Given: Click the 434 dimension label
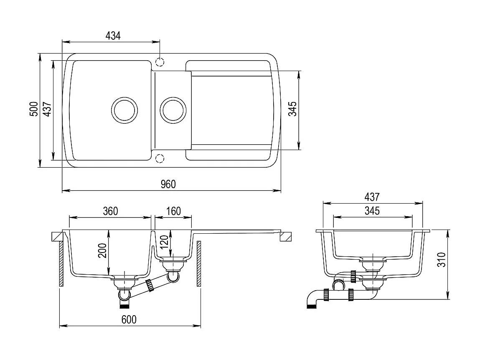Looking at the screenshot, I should click(113, 36).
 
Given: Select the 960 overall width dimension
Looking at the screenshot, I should click(168, 184).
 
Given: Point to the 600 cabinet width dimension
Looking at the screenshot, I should click(129, 319).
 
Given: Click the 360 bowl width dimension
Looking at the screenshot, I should click(110, 211).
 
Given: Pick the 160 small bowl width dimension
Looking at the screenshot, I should click(173, 211).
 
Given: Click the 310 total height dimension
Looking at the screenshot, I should click(443, 260).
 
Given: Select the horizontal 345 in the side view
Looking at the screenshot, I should click(371, 211).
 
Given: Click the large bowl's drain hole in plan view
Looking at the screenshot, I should click(124, 110).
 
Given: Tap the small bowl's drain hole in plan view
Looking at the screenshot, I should click(172, 110).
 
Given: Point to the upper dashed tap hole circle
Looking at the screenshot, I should click(160, 62).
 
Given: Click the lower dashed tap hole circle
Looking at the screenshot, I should click(159, 158).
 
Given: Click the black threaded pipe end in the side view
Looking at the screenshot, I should click(311, 307).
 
